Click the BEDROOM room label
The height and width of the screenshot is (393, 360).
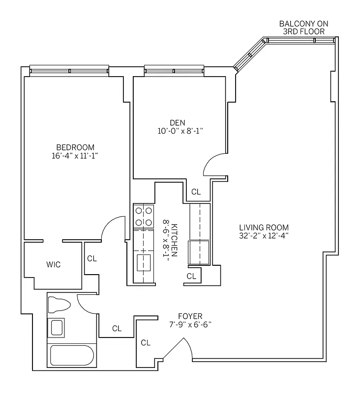(75, 147)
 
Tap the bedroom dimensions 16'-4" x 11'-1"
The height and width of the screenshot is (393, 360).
(75, 156)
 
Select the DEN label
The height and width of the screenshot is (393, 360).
(178, 122)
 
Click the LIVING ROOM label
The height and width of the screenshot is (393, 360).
(264, 227)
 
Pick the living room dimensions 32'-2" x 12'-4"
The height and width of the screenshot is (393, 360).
(264, 235)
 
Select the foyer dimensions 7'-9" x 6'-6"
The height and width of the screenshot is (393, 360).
(191, 324)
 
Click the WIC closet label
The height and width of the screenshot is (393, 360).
(54, 265)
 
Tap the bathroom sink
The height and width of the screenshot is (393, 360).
(57, 327)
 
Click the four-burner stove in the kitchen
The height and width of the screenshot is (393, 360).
(143, 216)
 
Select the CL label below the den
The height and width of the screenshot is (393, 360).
(196, 192)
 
